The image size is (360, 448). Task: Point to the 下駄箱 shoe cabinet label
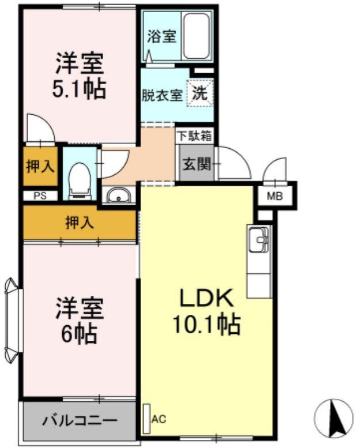point(194,137)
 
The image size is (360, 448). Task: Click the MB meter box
point(275,196)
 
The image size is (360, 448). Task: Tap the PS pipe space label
point(40,195)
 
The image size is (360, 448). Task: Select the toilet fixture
point(79,176)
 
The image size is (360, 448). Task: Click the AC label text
point(158,419)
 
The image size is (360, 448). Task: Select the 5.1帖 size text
point(79,89)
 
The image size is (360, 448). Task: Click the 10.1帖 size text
point(206,326)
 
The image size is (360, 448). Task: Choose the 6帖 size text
point(79,333)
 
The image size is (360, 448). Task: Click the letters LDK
point(206,299)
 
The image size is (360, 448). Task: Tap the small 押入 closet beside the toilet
point(40,167)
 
